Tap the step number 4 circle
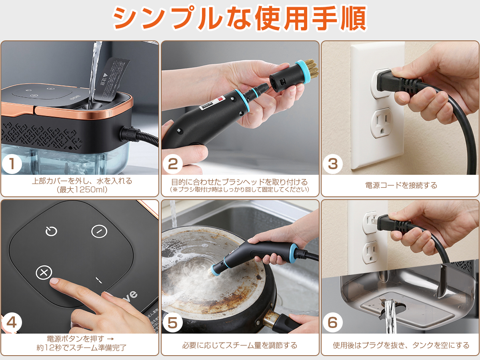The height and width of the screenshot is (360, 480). (x=12, y=323)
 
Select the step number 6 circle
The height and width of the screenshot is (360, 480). (x=333, y=323)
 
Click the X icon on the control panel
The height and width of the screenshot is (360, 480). (x=44, y=273)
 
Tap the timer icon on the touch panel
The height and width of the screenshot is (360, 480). (x=51, y=231)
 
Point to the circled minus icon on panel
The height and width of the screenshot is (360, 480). (x=99, y=231)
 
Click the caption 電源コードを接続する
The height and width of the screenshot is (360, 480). (x=401, y=185)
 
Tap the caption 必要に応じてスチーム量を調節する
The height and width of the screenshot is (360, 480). (x=240, y=345)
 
